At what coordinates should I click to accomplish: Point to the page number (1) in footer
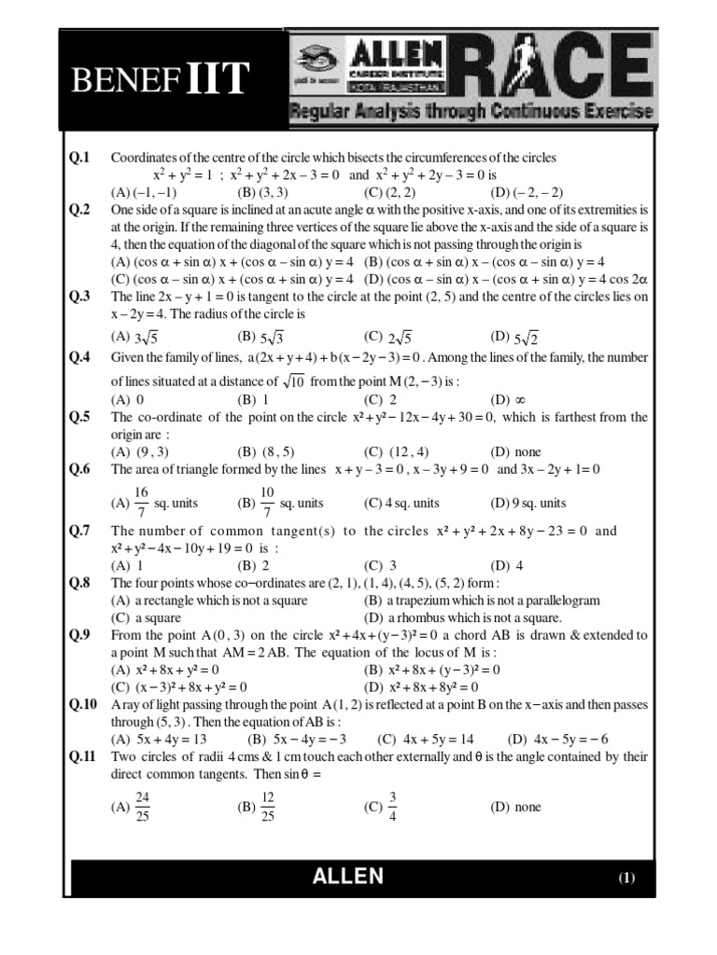[626, 878]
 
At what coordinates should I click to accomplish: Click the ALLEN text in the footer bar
[348, 876]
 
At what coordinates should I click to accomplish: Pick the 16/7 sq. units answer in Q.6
[154, 503]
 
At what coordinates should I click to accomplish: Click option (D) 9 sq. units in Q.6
[527, 503]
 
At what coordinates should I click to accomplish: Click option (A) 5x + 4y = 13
[158, 738]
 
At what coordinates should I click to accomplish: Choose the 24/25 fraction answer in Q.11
[133, 807]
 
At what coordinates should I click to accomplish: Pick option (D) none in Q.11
[515, 807]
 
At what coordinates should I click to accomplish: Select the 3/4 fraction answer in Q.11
[384, 807]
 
